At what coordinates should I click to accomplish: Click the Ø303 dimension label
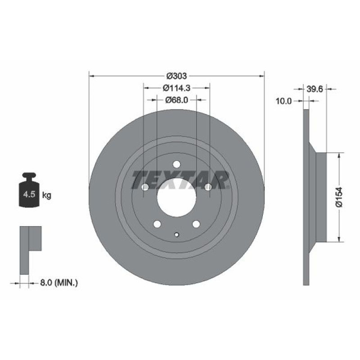pos(176,76)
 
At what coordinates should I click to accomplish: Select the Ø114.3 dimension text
pos(176,87)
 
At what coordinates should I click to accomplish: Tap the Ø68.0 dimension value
pos(177,100)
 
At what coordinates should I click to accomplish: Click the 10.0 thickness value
pos(283,102)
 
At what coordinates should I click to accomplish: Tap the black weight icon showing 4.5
pos(29,190)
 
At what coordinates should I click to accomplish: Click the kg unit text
pos(46,195)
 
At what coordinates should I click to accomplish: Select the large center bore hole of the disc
pos(176,197)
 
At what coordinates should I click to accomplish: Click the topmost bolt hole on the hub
pos(176,165)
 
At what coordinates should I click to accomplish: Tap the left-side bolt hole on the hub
pos(145,187)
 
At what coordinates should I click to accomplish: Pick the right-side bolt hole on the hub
pos(208,187)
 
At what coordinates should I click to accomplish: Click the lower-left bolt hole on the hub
pos(157,224)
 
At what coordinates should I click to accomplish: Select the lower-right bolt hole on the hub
pos(196,224)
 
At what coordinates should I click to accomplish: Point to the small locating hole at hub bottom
pos(176,235)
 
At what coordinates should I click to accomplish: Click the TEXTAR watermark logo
pos(180,180)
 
